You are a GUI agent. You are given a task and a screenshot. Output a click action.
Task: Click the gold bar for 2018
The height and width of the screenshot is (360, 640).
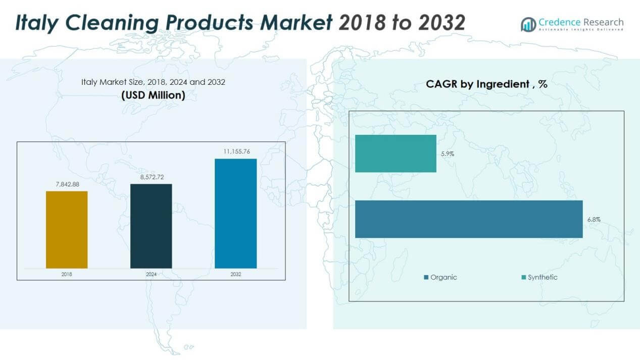(x=67, y=230)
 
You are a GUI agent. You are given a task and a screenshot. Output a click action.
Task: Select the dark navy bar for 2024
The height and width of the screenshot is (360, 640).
(x=151, y=226)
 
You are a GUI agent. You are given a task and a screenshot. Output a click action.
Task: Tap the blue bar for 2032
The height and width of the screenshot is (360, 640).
(x=235, y=214)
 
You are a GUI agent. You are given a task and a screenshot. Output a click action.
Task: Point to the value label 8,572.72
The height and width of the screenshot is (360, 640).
(x=151, y=177)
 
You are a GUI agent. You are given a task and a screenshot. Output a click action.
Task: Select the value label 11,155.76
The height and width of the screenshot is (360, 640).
(x=235, y=151)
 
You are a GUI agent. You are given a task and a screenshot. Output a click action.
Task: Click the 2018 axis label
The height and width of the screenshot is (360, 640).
(x=67, y=274)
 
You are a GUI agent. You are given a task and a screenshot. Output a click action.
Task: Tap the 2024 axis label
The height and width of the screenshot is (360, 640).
(x=151, y=274)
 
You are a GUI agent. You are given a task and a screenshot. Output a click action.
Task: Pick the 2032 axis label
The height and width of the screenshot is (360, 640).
(x=235, y=274)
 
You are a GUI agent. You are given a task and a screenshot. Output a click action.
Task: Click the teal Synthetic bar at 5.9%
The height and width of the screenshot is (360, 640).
(x=396, y=153)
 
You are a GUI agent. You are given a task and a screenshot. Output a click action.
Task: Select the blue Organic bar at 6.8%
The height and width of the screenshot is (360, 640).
(x=469, y=219)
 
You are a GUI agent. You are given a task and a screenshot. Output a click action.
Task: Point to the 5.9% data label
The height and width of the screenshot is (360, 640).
(x=448, y=154)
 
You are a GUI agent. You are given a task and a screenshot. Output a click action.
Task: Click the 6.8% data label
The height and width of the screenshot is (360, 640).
(x=594, y=220)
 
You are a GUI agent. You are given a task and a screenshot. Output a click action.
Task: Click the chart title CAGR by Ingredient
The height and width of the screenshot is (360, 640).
(x=486, y=84)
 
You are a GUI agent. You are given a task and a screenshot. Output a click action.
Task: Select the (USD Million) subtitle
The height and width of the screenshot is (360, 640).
(x=153, y=95)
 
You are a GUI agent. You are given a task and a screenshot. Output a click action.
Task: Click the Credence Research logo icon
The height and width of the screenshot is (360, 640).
(x=528, y=24)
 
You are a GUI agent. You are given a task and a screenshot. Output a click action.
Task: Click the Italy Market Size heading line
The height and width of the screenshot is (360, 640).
(x=153, y=82)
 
